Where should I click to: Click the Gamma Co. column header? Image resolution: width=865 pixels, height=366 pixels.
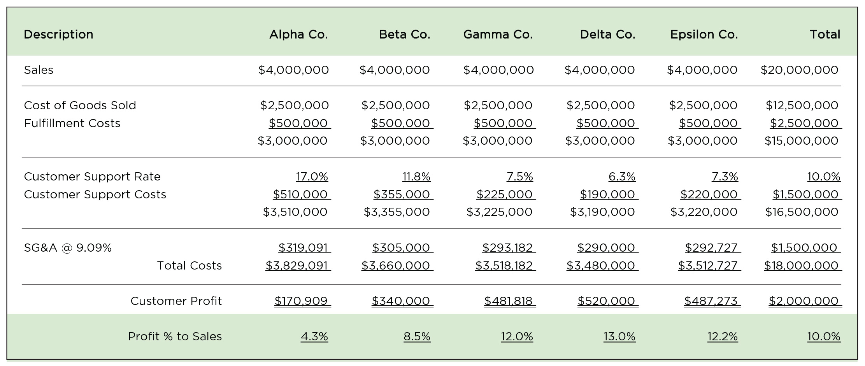498,35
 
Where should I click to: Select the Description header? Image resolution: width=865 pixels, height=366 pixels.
58,35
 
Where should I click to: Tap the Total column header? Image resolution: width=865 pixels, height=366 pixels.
825,35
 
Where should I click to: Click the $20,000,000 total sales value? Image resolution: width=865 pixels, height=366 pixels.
799,70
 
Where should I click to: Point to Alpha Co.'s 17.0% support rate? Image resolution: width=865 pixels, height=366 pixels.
312,177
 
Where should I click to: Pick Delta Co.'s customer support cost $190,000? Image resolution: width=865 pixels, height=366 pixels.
607,194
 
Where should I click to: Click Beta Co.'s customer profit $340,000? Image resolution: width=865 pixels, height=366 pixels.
401,301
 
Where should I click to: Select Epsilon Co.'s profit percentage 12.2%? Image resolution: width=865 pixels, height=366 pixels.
722,336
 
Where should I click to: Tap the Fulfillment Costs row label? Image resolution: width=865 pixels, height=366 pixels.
72,123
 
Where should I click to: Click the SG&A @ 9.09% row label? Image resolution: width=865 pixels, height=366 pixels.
68,248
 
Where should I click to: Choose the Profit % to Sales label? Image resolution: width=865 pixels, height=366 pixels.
175,336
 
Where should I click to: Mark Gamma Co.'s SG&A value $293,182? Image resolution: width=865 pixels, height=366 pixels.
507,248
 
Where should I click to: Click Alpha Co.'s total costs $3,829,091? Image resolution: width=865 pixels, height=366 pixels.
297,266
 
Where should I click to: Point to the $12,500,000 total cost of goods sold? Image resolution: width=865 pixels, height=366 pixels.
802,105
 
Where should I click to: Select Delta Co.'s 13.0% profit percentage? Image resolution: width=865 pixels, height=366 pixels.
619,336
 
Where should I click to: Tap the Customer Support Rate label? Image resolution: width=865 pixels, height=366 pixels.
92,177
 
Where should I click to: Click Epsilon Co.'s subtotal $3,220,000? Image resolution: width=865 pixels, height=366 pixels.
704,212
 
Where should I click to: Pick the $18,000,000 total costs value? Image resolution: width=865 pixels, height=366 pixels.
801,266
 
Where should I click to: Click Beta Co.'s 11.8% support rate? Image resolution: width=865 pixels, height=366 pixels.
416,177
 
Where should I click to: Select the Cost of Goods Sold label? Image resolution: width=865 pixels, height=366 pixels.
80,105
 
